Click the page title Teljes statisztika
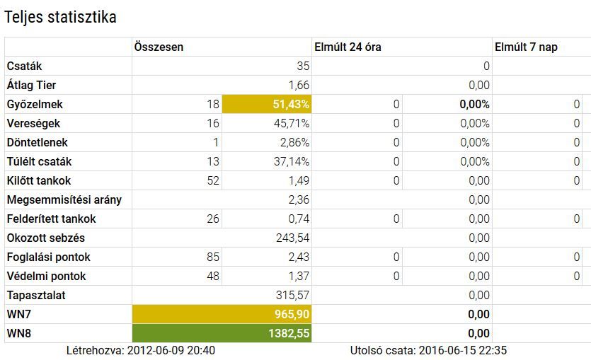(x=60, y=18)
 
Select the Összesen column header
(x=159, y=47)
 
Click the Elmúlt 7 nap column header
(x=525, y=47)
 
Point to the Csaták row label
(x=25, y=66)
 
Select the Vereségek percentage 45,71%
(x=292, y=123)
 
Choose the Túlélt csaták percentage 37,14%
(x=292, y=161)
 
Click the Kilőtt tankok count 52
(x=213, y=180)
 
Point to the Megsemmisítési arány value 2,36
(x=299, y=199)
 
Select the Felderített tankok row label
(x=52, y=219)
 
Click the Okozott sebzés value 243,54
(x=292, y=238)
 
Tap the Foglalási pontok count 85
(x=213, y=257)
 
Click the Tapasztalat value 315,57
(x=292, y=295)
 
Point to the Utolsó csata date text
(x=428, y=350)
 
